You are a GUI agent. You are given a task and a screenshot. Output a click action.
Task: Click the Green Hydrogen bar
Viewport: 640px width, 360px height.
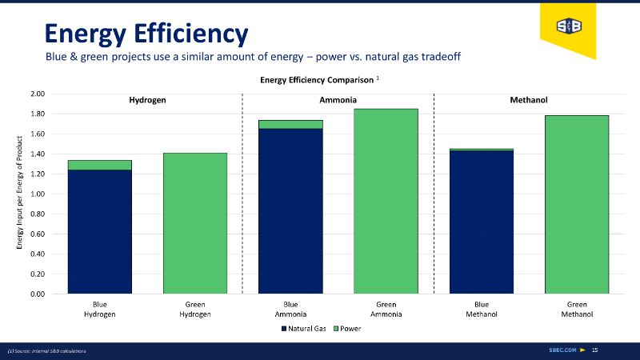194,223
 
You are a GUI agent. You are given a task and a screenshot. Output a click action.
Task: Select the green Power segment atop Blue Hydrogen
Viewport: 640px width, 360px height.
99,165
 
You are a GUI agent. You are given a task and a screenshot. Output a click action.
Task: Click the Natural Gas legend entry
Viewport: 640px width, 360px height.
303,329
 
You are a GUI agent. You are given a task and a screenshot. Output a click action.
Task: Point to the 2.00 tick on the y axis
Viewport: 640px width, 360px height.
35,94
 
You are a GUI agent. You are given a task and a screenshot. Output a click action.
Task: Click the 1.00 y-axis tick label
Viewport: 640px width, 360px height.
35,194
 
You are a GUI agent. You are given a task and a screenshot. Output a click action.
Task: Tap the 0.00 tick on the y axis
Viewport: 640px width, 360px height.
35,294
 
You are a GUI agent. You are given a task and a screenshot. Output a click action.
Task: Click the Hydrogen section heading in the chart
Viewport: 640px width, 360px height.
147,101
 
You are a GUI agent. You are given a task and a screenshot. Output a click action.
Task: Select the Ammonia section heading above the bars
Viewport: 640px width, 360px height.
338,101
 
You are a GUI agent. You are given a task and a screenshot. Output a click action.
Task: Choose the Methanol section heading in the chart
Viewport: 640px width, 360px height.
528,101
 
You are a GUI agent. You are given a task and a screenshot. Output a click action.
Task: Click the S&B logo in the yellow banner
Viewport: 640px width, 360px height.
569,26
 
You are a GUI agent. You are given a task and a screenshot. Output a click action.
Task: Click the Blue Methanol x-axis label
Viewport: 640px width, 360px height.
482,310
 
